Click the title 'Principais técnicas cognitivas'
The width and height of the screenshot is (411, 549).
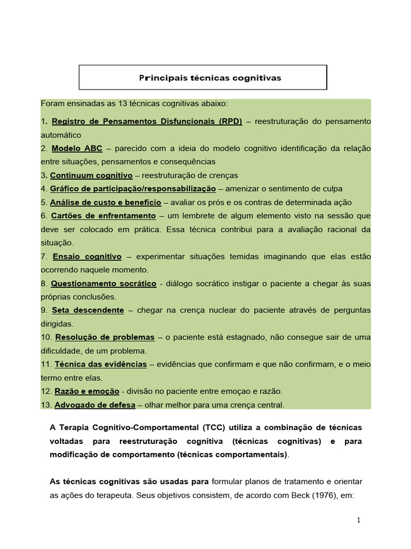pos(210,78)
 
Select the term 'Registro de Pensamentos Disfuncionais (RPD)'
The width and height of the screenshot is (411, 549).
pos(147,121)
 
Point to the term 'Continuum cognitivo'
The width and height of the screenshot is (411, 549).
pos(91,175)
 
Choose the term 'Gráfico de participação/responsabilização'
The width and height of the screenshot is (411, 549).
pos(133,189)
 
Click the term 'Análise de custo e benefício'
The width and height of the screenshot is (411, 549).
pos(105,202)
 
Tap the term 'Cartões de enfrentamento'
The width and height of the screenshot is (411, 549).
pos(103,216)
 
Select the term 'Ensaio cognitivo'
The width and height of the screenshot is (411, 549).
pos(87,256)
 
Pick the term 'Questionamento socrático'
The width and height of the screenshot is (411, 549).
pos(103,283)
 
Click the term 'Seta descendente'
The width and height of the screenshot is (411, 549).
pos(88,310)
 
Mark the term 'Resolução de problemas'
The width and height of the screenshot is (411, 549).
pos(105,337)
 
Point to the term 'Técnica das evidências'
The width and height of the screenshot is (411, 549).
pos(101,364)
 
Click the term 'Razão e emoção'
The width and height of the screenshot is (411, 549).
pos(87,391)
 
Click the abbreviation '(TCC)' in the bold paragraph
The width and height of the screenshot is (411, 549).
pos(215,427)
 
